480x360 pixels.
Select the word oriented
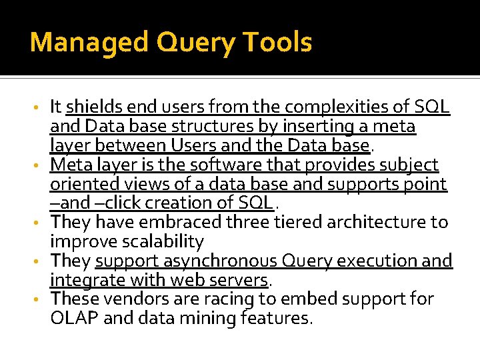(81, 183)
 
